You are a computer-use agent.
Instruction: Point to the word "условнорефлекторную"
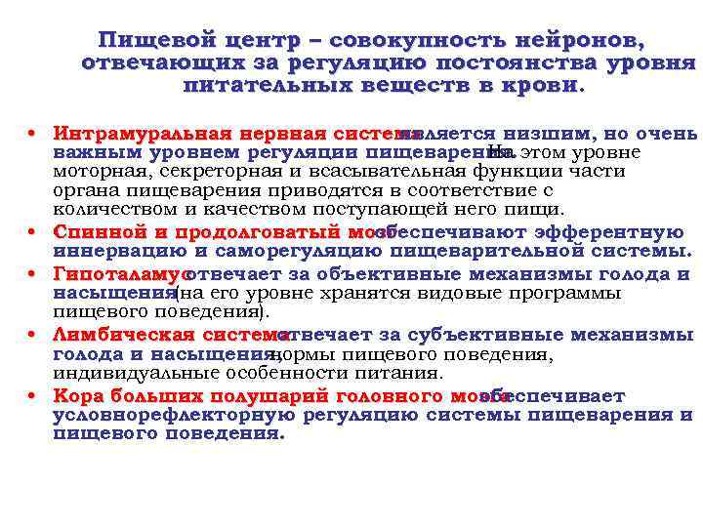click(x=180, y=415)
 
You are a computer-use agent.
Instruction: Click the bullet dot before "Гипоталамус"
click(x=33, y=274)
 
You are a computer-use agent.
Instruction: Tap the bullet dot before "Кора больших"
click(x=33, y=396)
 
